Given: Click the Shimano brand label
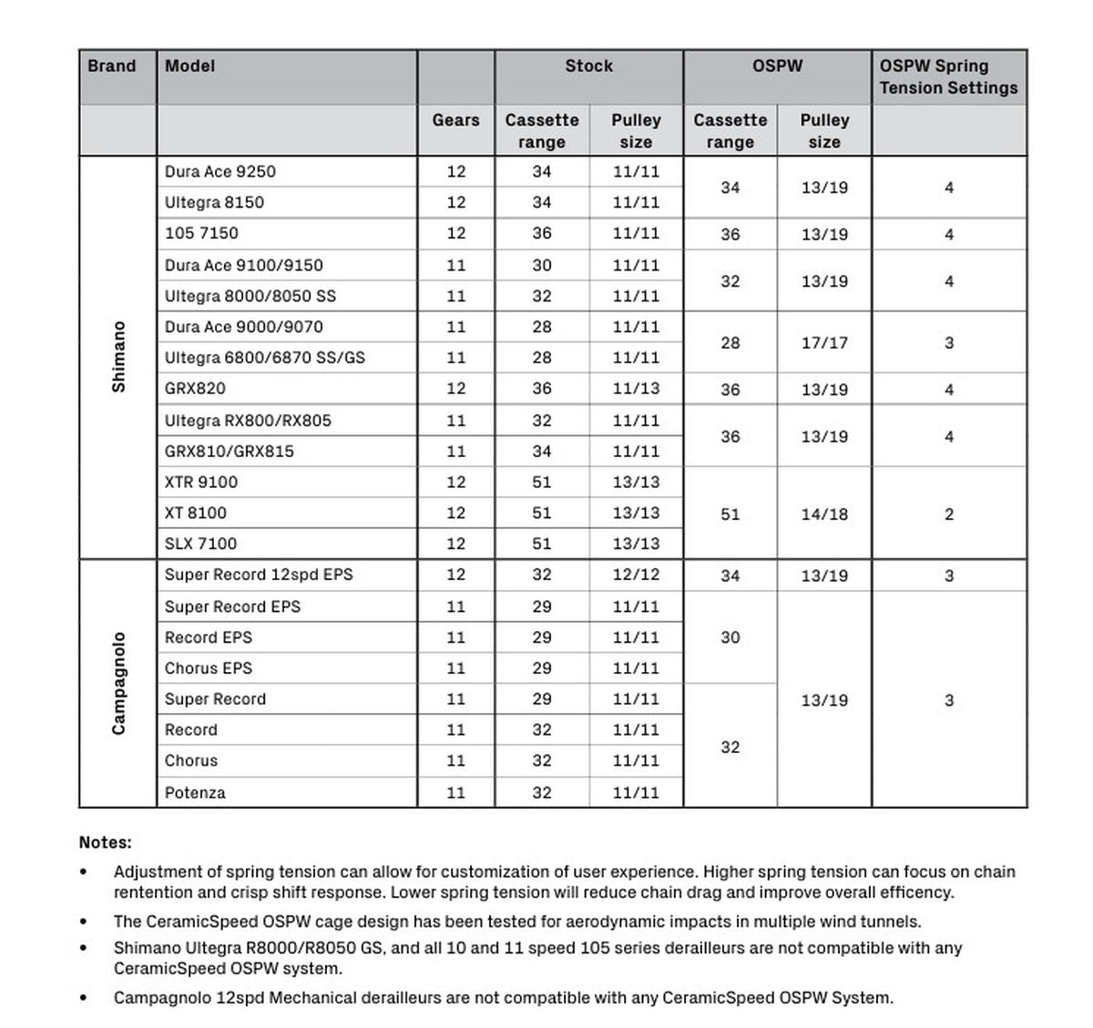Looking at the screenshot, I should (118, 357).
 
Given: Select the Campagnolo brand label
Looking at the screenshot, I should (118, 683).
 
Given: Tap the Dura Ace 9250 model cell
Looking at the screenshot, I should (220, 172).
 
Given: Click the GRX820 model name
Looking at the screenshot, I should (195, 389).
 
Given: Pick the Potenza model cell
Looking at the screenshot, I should (195, 792).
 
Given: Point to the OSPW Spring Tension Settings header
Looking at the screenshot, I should (948, 77).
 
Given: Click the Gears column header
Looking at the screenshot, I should (455, 120).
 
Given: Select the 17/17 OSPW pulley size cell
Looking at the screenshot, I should (824, 343).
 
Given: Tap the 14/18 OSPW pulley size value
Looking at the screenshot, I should (824, 514).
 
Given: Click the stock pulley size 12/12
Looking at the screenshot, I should (636, 575).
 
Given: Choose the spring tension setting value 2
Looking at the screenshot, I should (949, 514).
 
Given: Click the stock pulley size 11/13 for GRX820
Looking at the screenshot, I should (636, 389).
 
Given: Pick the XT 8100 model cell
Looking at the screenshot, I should (196, 513).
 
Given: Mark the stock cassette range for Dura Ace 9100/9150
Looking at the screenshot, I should (542, 265).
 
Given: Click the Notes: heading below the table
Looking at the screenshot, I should (106, 842).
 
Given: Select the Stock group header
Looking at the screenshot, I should (588, 66).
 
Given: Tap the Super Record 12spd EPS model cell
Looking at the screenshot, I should (259, 575).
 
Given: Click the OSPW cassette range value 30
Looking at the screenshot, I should (730, 637).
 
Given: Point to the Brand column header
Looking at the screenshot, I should (112, 66).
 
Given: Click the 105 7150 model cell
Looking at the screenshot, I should (201, 233).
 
